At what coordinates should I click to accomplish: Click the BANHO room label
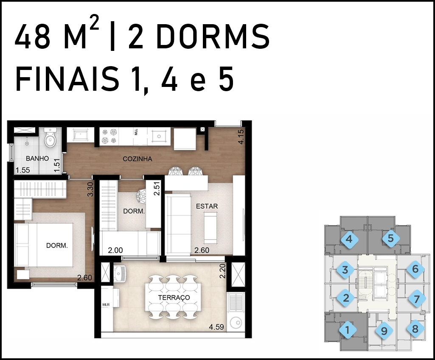click(37, 159)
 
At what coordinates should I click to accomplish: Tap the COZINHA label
click(138, 159)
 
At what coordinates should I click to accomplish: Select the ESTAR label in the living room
click(207, 206)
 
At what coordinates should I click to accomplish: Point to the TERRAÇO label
click(174, 297)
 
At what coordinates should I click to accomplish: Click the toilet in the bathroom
click(51, 137)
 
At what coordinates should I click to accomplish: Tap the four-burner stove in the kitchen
click(109, 136)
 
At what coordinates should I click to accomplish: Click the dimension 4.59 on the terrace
click(216, 327)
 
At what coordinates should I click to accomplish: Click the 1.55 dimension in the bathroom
click(23, 170)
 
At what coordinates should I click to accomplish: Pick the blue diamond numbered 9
click(384, 331)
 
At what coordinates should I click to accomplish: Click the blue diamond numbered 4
click(349, 239)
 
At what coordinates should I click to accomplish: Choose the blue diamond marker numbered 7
click(416, 299)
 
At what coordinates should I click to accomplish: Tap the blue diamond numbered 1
click(347, 330)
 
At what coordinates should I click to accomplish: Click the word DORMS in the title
click(213, 36)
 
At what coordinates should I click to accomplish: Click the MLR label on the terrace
click(106, 304)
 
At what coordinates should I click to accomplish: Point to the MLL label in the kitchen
click(136, 132)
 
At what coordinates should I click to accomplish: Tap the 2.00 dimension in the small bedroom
click(115, 250)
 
